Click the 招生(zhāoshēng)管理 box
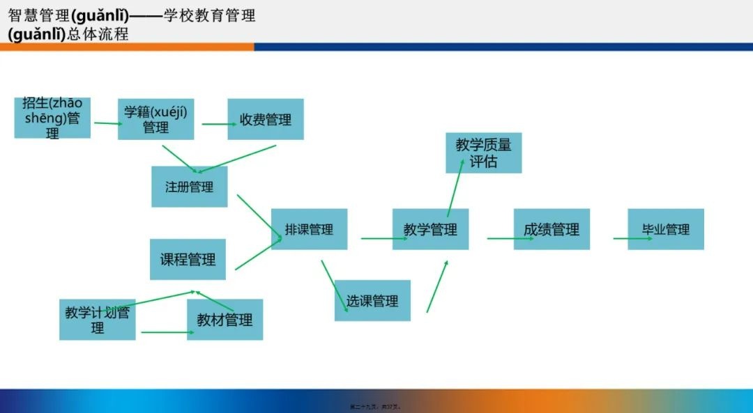tap(52, 118)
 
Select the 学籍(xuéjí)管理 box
tap(155, 119)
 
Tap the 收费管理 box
tap(265, 119)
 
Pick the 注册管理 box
tap(189, 187)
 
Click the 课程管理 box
tap(188, 259)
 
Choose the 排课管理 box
tap(309, 229)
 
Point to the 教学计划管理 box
tap(97, 319)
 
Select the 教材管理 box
tap(225, 320)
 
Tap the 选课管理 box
tap(372, 300)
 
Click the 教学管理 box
tap(430, 229)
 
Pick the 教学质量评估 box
tap(483, 153)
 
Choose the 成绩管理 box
tap(552, 229)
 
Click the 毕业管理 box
tap(666, 229)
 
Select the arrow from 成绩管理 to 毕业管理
tap(632, 238)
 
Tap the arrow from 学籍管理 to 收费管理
tap(219, 125)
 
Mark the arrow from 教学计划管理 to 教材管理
tap(167, 332)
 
